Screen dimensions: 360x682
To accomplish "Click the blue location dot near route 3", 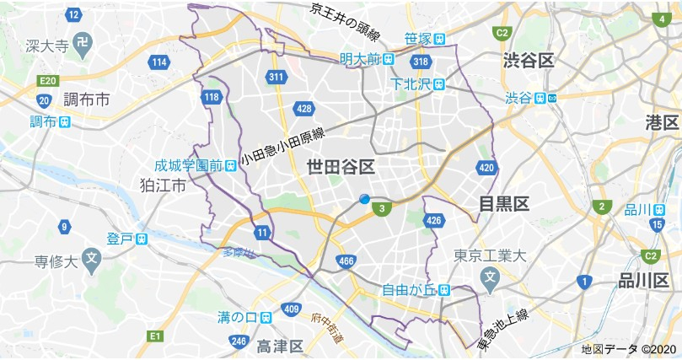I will point(364,199).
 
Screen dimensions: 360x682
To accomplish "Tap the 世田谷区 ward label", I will point(341,166).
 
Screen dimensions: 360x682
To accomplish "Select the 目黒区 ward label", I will point(503,203).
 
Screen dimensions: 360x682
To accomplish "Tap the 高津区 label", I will point(281,347).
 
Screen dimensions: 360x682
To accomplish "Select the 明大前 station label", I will point(359,59).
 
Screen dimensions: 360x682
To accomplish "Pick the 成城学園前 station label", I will point(187,164).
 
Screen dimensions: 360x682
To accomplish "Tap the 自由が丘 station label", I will point(407,291).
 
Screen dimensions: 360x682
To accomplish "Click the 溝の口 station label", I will point(236,318).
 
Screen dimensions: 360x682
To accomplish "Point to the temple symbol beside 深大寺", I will point(83,43).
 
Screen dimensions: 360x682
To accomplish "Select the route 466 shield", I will point(344,261).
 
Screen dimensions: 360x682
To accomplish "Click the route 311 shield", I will point(275,77).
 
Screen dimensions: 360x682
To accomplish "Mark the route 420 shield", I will point(485,168).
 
